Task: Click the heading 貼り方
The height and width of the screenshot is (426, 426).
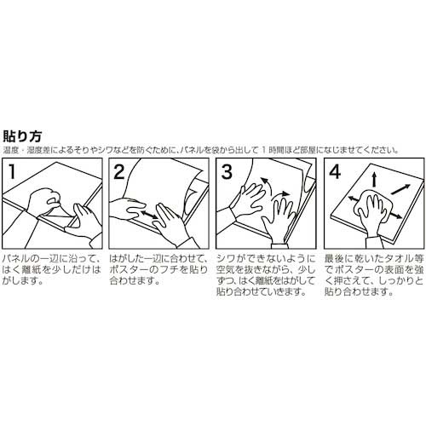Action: click(x=22, y=136)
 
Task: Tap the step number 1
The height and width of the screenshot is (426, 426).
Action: click(x=12, y=171)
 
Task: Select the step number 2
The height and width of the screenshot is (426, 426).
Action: click(x=119, y=171)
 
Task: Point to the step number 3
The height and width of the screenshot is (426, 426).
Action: click(x=227, y=171)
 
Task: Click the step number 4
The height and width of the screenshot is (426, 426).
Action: click(x=335, y=171)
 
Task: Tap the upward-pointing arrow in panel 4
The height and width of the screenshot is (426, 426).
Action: click(x=374, y=179)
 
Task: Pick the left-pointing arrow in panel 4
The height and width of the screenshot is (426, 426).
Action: click(x=353, y=199)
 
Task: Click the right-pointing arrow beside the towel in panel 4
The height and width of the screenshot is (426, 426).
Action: click(x=396, y=216)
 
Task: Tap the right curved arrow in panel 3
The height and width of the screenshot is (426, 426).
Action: click(x=281, y=195)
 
